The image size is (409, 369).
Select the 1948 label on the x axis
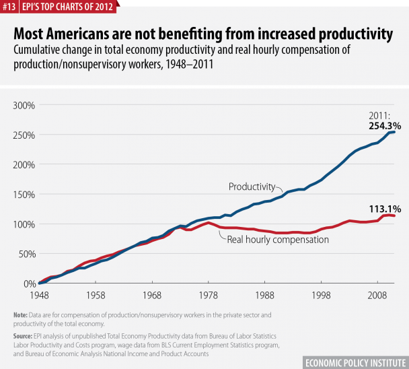click(x=38, y=296)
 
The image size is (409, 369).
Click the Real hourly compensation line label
click(x=277, y=238)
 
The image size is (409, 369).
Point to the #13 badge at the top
click(x=9, y=7)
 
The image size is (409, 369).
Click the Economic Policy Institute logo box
click(x=355, y=360)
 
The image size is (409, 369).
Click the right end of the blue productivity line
click(x=394, y=132)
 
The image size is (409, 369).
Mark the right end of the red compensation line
click(x=394, y=216)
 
